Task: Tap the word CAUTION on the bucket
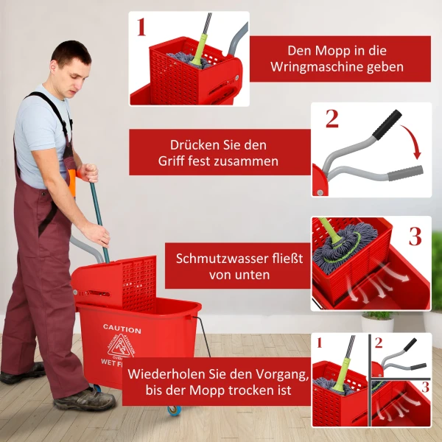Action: tap(122, 328)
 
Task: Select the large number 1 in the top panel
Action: tap(141, 28)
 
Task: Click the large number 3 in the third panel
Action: tap(415, 236)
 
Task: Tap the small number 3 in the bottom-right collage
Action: tap(425, 386)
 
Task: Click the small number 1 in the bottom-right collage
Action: tap(319, 343)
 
